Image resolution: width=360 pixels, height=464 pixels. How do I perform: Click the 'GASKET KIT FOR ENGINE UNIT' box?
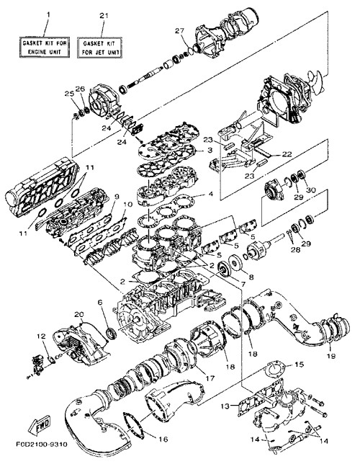[45, 47]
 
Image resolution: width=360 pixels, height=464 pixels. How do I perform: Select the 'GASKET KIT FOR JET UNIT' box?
[99, 48]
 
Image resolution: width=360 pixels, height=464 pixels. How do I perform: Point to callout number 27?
[179, 30]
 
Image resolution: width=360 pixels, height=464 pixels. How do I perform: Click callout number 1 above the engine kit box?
[48, 14]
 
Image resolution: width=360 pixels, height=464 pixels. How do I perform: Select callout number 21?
[104, 16]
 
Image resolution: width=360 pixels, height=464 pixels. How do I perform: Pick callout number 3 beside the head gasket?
[210, 151]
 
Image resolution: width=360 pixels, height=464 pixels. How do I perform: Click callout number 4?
[211, 195]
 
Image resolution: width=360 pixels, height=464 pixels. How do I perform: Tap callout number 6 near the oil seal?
[99, 302]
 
